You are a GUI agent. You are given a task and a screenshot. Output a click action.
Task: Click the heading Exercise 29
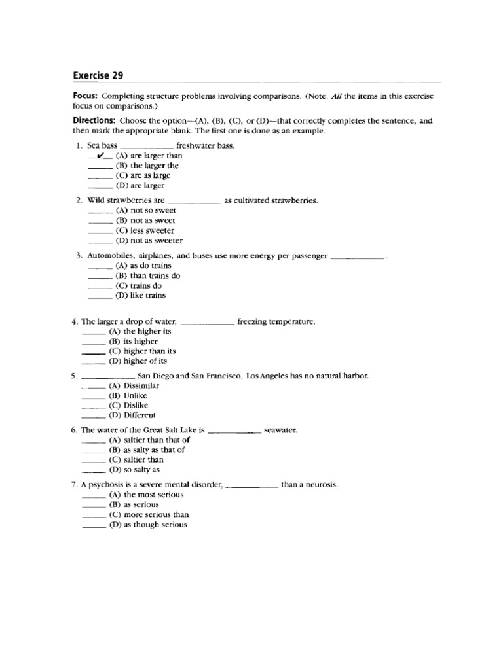[98, 75]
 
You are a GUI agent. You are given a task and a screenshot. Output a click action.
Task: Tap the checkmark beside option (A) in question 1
[100, 156]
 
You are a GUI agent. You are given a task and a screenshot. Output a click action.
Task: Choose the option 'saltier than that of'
[156, 440]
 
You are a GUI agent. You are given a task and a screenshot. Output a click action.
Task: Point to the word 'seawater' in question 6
[280, 431]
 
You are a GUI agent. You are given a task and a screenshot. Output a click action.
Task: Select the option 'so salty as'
[142, 469]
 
